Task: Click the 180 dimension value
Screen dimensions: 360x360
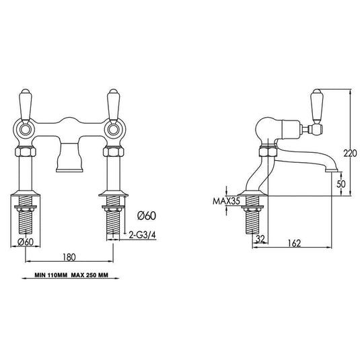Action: click(x=69, y=257)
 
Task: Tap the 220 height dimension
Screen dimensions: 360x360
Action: click(x=350, y=153)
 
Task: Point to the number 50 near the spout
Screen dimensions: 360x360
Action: click(x=341, y=184)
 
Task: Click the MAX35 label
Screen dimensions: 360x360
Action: click(x=226, y=201)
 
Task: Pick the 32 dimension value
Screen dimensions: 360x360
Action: click(x=260, y=239)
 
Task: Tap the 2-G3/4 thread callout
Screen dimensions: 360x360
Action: click(x=143, y=235)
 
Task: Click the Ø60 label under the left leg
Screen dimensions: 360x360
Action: click(x=26, y=242)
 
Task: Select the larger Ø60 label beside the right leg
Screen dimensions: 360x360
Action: click(x=147, y=215)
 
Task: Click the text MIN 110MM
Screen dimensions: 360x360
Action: click(x=51, y=275)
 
